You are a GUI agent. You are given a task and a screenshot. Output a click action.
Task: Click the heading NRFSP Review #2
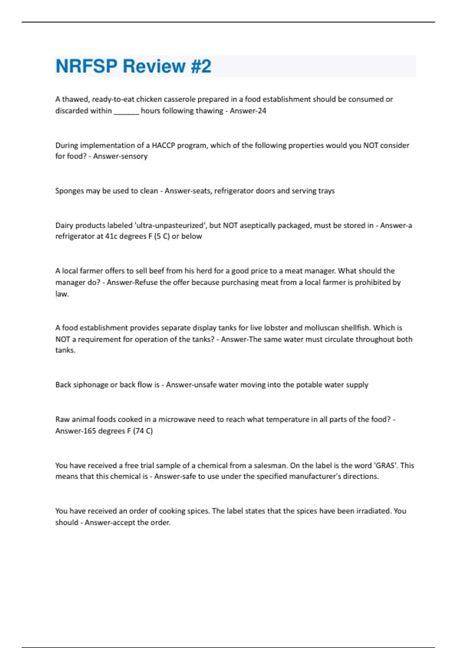pyautogui.click(x=133, y=66)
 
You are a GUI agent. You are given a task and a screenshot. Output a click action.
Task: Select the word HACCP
pyautogui.click(x=162, y=145)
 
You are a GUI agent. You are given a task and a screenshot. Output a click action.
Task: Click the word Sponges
pyautogui.click(x=69, y=191)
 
